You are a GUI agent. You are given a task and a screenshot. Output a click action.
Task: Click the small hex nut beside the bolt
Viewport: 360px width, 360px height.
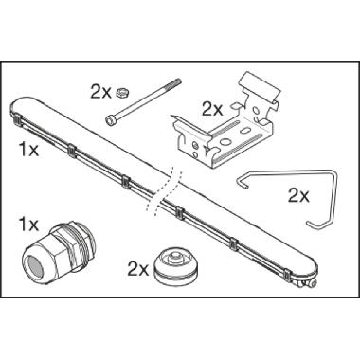click(x=123, y=92)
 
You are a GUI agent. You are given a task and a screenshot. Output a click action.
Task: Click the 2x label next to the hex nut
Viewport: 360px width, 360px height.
click(x=101, y=91)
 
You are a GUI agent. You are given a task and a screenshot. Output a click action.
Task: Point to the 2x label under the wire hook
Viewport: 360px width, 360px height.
click(x=298, y=194)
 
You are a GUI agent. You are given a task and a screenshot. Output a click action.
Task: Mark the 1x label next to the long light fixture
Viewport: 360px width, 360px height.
click(x=27, y=150)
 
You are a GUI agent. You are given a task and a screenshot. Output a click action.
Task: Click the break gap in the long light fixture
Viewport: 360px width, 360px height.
click(x=166, y=180)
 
